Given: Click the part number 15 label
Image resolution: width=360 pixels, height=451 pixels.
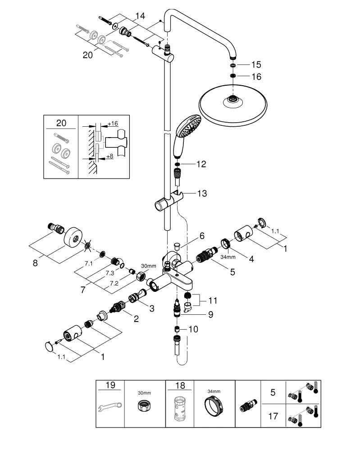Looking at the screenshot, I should coord(256,65).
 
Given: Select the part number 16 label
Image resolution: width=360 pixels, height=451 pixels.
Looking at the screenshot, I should coord(256,77).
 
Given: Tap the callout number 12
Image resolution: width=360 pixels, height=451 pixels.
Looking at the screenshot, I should coord(201,164).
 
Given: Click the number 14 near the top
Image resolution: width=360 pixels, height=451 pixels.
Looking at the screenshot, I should coord(140,16).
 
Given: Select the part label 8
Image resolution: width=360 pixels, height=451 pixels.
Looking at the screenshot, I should coord(35,262).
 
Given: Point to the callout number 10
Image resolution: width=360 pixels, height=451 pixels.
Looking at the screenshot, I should coord(193,329).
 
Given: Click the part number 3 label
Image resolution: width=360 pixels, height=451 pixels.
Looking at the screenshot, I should coord(152,308).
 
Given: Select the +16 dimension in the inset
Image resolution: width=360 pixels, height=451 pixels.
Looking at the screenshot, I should coord(112,123).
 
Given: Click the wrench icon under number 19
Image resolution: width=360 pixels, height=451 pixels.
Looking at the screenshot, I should coord(110,407).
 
